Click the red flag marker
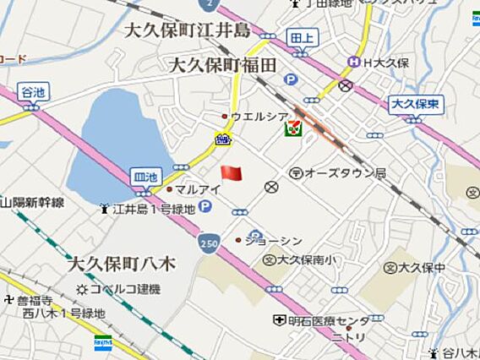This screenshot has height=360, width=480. point(231,172)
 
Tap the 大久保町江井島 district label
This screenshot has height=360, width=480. point(188,32)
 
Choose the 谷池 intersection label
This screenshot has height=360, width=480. point(31,91)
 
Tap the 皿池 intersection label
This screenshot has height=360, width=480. point(145,177)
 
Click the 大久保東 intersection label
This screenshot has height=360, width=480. point(417,104)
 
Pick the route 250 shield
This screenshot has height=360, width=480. point(209,243)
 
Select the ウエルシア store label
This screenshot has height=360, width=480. point(259,116)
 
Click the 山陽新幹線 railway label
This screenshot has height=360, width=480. point(34,203)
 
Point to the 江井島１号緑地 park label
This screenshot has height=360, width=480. point(153,208)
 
